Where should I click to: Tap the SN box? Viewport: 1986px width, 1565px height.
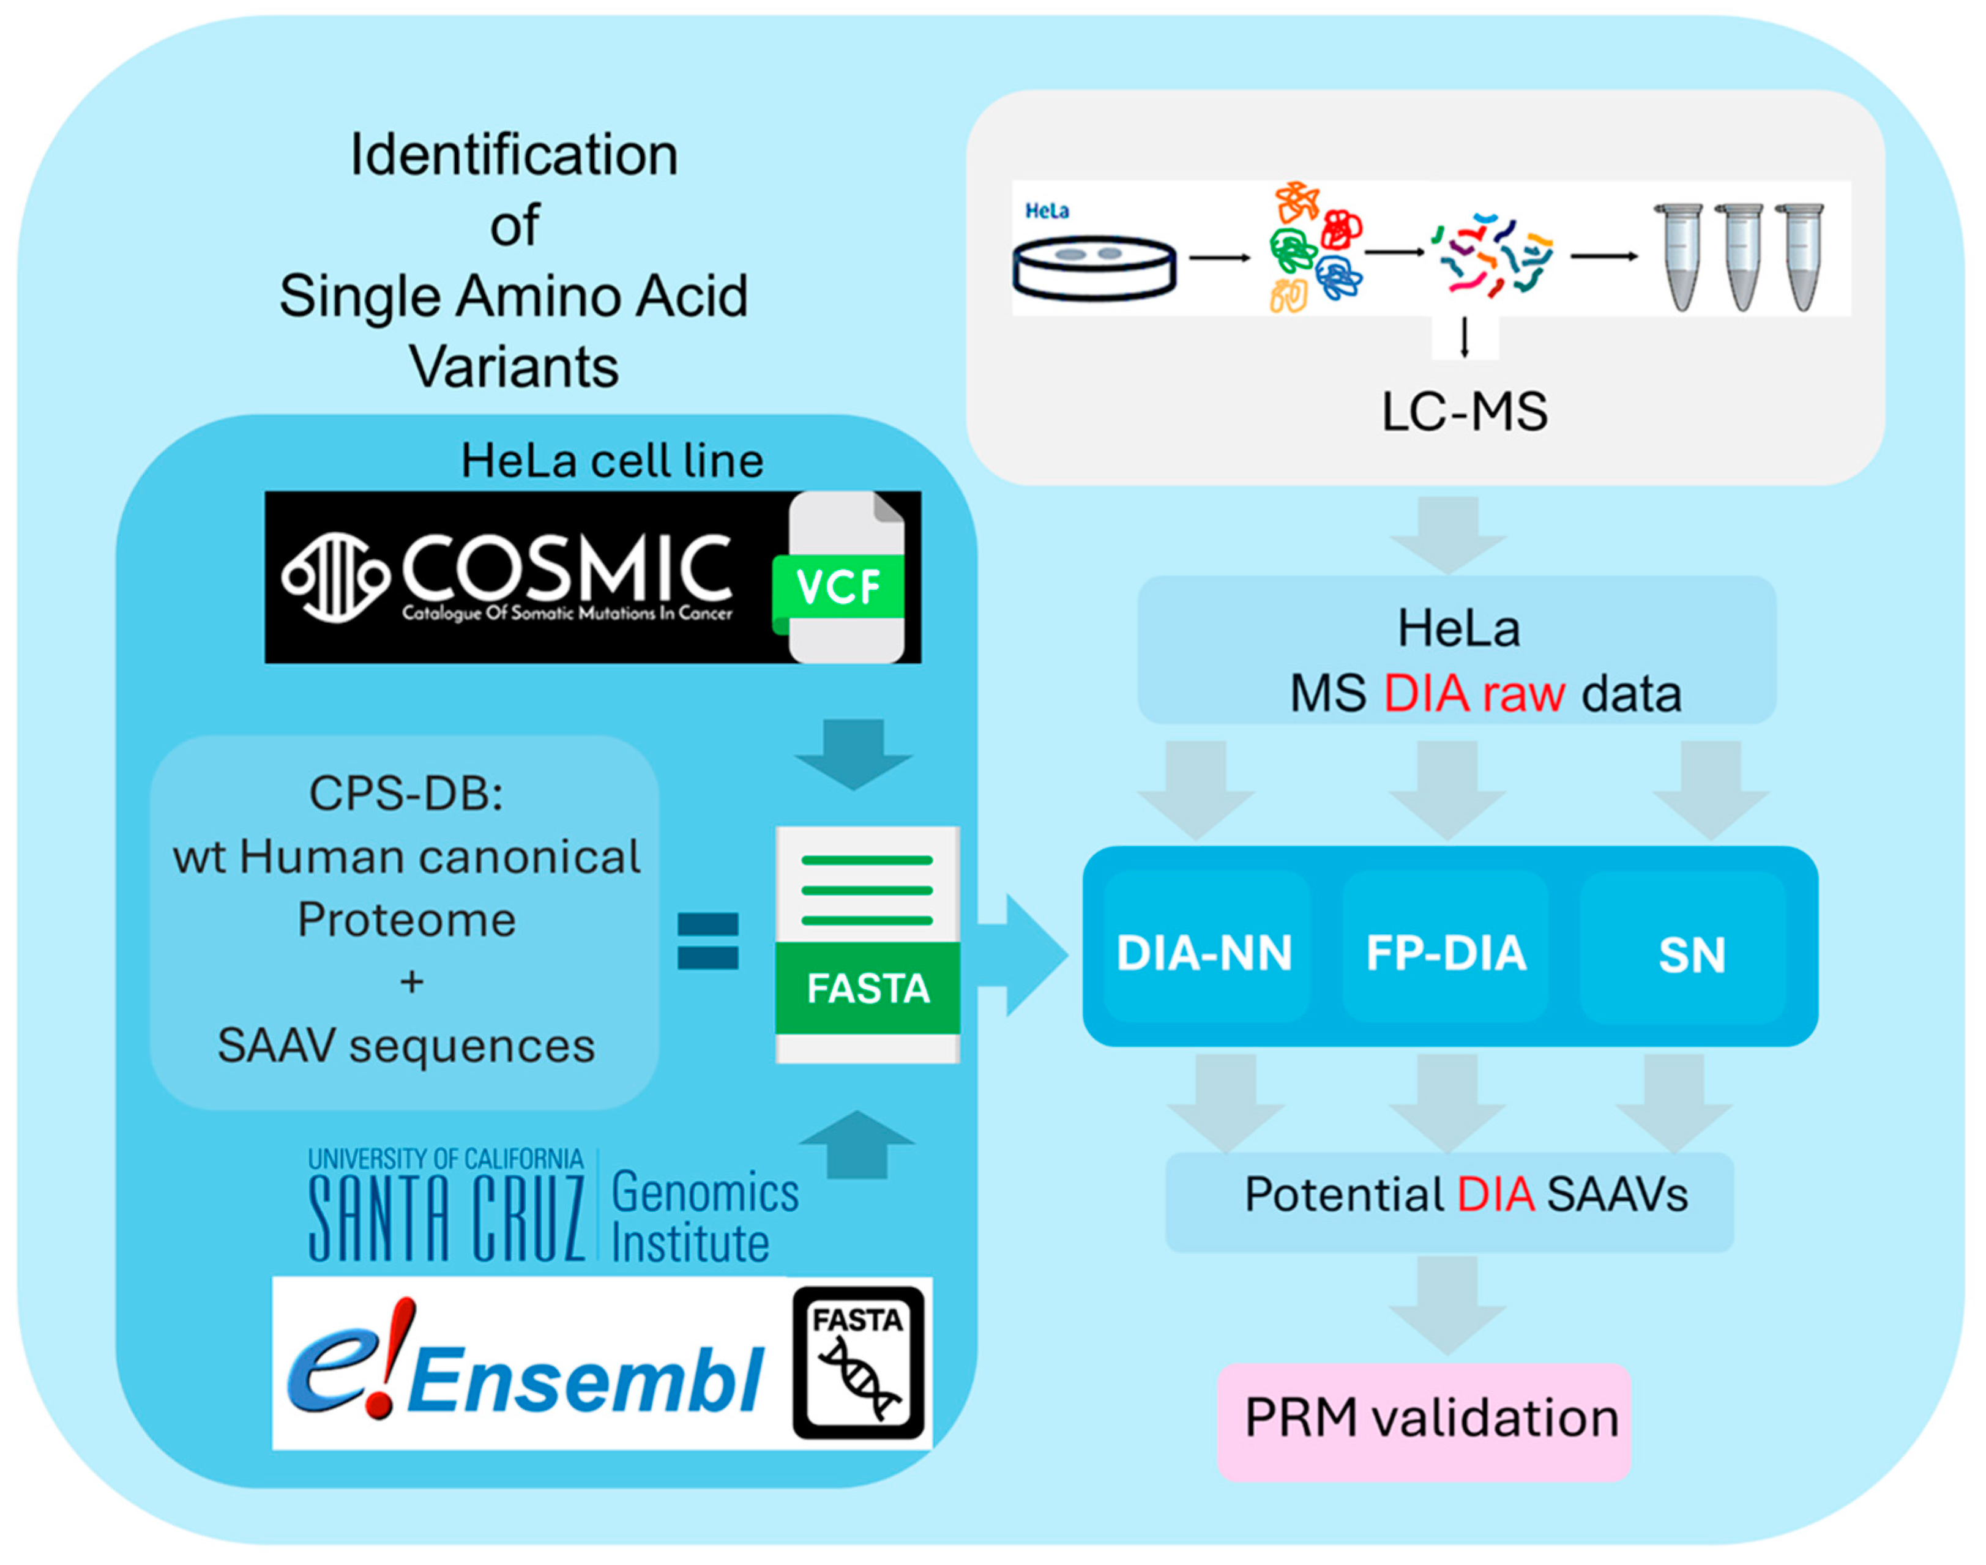[x=1691, y=953]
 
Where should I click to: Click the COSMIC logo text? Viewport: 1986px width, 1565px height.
[x=566, y=571]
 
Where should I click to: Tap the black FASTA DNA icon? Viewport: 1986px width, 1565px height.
[x=858, y=1362]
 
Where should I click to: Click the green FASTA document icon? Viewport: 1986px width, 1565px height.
[x=867, y=945]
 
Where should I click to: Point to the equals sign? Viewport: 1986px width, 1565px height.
[x=707, y=941]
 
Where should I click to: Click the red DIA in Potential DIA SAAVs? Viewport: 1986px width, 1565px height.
[x=1496, y=1195]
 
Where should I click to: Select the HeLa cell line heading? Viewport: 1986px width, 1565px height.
[x=611, y=460]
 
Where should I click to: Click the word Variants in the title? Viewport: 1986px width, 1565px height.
[x=513, y=366]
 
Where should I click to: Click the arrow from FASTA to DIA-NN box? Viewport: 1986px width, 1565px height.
[x=1022, y=955]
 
